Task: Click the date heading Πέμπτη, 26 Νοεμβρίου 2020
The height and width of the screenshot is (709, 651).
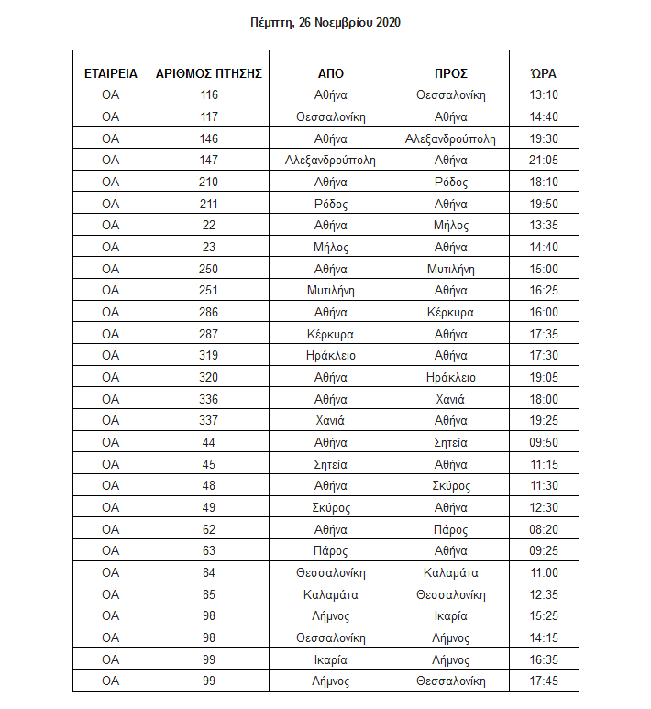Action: coord(325,22)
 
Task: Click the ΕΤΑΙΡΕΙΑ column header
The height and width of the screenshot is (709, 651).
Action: coord(111,73)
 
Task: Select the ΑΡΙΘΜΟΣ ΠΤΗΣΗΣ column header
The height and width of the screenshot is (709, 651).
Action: coord(209,73)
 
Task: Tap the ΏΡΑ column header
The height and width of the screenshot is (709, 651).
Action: coord(543,73)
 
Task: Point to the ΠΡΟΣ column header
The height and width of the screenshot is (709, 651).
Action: coord(450,73)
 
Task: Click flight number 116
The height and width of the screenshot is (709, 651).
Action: coord(209,95)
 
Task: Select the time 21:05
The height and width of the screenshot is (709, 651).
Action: coord(543,161)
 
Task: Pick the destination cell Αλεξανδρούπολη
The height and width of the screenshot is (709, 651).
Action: coord(450,138)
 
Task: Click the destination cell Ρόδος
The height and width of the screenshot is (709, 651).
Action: coord(450,182)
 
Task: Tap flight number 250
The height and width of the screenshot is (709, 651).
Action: coord(209,269)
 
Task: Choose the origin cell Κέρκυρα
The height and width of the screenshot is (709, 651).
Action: coord(330,334)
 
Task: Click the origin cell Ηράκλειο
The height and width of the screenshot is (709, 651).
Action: coord(330,356)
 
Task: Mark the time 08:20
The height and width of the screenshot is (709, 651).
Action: coord(543,529)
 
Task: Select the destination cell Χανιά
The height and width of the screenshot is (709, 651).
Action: coord(450,399)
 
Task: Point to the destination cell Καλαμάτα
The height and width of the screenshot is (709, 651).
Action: coord(450,573)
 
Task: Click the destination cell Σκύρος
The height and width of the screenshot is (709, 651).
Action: coord(450,486)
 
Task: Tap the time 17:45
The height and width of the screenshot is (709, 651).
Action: coord(543,681)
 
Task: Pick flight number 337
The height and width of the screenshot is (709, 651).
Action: coord(209,421)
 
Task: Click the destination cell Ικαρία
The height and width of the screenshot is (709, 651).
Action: coord(450,616)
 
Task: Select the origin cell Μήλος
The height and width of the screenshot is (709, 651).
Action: coord(330,247)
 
